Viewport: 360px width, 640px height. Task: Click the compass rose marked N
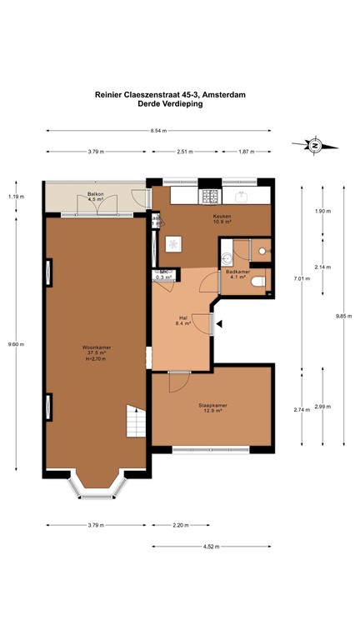coord(316,146)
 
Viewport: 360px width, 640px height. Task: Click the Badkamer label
coord(236,273)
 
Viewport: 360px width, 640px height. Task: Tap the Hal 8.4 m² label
coord(184,320)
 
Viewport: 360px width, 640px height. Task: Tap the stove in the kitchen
coord(209,197)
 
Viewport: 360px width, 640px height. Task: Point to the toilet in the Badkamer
coord(260,281)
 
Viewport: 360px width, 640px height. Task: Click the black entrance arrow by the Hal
coord(218,323)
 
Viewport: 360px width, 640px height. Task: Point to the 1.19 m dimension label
coord(15,197)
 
